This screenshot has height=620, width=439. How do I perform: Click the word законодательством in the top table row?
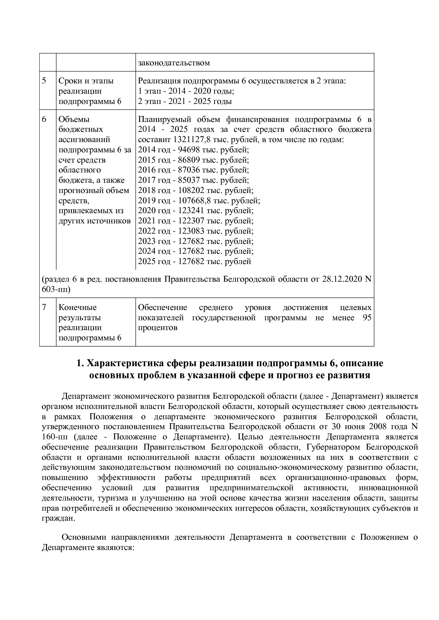(x=174, y=63)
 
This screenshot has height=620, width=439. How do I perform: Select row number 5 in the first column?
(x=44, y=81)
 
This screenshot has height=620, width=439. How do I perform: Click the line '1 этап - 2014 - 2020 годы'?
(x=186, y=91)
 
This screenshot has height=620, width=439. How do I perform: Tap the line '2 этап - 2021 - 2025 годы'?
(x=185, y=101)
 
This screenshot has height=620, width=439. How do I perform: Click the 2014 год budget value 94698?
(x=189, y=150)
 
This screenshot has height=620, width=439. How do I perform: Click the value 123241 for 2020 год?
(x=191, y=211)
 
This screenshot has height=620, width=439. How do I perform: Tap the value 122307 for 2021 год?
(x=191, y=221)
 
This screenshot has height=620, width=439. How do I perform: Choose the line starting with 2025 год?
(x=194, y=262)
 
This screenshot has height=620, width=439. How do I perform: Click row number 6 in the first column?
(x=44, y=119)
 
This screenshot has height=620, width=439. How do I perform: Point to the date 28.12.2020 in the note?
(x=342, y=280)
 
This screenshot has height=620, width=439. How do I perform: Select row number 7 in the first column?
(x=44, y=308)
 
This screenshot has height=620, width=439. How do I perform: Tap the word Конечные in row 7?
(x=78, y=308)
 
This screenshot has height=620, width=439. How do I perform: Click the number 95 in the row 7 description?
(x=367, y=318)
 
